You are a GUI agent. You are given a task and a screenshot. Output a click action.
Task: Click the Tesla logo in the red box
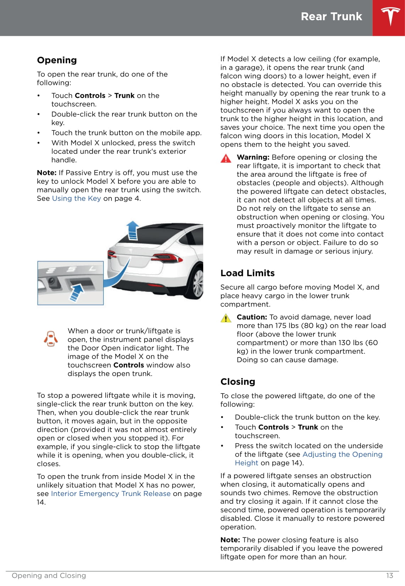click(x=390, y=17)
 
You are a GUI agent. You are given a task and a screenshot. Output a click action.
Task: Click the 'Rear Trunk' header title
click(x=331, y=17)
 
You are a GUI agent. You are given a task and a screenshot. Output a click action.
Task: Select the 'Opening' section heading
click(x=57, y=60)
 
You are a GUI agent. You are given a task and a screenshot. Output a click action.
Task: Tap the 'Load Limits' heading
click(x=248, y=273)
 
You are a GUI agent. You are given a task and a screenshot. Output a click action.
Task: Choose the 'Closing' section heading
click(x=238, y=382)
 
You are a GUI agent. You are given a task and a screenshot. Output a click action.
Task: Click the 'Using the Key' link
click(x=76, y=198)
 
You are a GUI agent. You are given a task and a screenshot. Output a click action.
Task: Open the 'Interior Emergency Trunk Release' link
click(x=111, y=494)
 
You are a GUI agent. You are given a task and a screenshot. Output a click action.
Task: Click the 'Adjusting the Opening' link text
click(x=342, y=454)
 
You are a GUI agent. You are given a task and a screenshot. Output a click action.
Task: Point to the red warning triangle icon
click(x=226, y=158)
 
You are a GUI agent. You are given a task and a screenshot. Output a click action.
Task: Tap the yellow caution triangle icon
click(x=226, y=318)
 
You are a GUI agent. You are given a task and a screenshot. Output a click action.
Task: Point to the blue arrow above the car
click(x=133, y=230)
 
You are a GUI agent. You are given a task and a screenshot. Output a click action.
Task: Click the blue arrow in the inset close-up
click(x=77, y=293)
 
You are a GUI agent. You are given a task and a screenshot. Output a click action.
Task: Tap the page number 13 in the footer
click(x=389, y=575)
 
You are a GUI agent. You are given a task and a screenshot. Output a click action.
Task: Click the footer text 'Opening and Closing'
click(x=49, y=575)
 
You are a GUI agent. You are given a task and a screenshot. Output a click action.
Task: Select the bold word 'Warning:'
click(x=253, y=157)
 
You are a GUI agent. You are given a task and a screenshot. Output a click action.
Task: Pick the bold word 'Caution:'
click(x=251, y=317)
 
